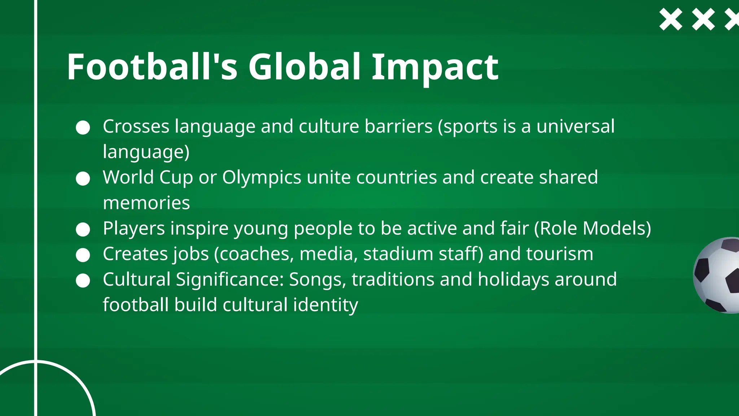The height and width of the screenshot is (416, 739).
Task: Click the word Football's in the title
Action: (x=152, y=67)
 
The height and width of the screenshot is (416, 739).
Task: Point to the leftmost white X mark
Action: (x=670, y=19)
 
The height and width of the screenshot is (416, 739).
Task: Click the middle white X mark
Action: (x=703, y=19)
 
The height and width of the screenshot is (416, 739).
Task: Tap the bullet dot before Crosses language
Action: (x=83, y=127)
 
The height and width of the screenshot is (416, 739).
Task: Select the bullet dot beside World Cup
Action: (x=83, y=178)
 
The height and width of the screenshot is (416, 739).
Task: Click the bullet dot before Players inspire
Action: (x=83, y=229)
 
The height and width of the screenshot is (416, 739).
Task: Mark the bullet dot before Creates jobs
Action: (x=83, y=255)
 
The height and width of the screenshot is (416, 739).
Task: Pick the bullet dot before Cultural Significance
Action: (x=83, y=280)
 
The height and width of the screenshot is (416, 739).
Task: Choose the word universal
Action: (x=575, y=126)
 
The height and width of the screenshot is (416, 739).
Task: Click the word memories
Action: (x=146, y=203)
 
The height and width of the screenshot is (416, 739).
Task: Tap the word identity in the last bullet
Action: (x=325, y=305)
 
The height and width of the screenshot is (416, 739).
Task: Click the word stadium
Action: (x=398, y=254)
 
